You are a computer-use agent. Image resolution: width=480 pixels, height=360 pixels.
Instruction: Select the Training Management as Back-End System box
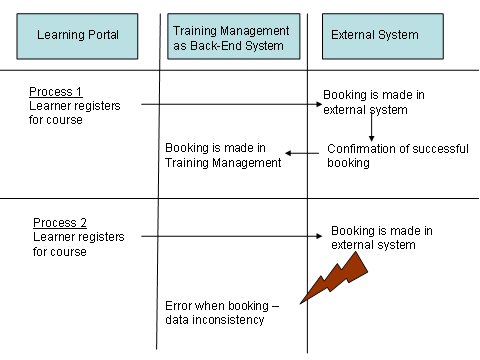tap(232, 37)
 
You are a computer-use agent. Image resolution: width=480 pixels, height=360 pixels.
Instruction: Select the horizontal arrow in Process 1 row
tap(231, 103)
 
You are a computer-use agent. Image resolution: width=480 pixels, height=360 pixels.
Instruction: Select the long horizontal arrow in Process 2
tap(235, 237)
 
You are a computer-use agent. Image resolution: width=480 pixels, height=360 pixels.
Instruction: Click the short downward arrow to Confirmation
tap(371, 128)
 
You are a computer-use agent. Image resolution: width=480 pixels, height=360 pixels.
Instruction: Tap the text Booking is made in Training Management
tap(223, 156)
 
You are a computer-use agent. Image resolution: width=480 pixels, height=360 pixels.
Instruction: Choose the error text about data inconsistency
tap(221, 312)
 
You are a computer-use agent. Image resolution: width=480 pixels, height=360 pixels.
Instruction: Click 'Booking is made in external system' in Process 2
tap(381, 238)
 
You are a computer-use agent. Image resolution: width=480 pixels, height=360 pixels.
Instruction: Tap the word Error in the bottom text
tap(180, 305)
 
